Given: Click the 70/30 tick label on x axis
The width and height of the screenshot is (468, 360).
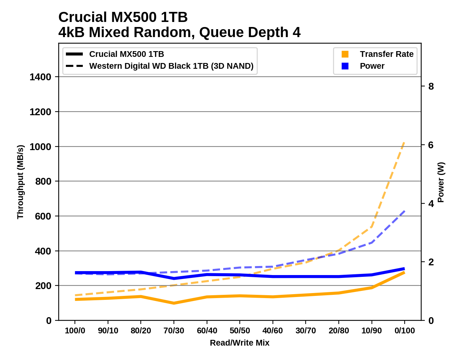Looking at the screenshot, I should click(x=174, y=331).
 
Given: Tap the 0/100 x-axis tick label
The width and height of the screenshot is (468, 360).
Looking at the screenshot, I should click(x=405, y=331).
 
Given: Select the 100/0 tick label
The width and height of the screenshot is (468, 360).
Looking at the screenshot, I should click(x=75, y=331).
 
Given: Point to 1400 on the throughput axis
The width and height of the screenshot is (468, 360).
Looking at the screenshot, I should click(x=40, y=77).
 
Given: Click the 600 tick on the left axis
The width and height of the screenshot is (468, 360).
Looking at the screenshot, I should click(x=43, y=216).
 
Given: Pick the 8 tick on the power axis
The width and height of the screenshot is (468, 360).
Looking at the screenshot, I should click(x=431, y=86).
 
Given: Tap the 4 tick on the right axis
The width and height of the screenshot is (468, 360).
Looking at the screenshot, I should click(x=431, y=204).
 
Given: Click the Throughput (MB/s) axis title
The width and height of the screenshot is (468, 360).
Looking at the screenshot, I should click(x=20, y=182).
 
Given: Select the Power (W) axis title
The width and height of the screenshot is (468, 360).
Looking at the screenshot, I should click(x=441, y=182).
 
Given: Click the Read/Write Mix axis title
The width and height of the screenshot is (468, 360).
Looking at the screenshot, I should click(x=239, y=343).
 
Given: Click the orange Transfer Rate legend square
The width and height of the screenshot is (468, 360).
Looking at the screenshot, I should click(x=345, y=54).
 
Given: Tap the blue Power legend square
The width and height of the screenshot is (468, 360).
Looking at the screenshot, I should click(x=345, y=66).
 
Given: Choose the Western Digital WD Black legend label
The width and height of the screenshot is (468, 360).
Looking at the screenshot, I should click(x=171, y=66).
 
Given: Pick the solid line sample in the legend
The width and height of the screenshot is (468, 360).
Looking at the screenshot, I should click(x=75, y=54).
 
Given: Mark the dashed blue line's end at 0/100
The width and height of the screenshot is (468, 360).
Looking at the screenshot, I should click(x=405, y=211).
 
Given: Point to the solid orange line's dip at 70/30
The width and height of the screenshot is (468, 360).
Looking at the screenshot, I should click(x=174, y=303).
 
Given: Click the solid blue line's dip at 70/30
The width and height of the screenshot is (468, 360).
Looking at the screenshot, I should click(x=174, y=278).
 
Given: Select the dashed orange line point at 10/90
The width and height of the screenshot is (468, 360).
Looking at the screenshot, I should click(x=372, y=227).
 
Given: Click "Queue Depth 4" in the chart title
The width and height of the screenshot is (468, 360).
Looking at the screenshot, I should click(x=250, y=33).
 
